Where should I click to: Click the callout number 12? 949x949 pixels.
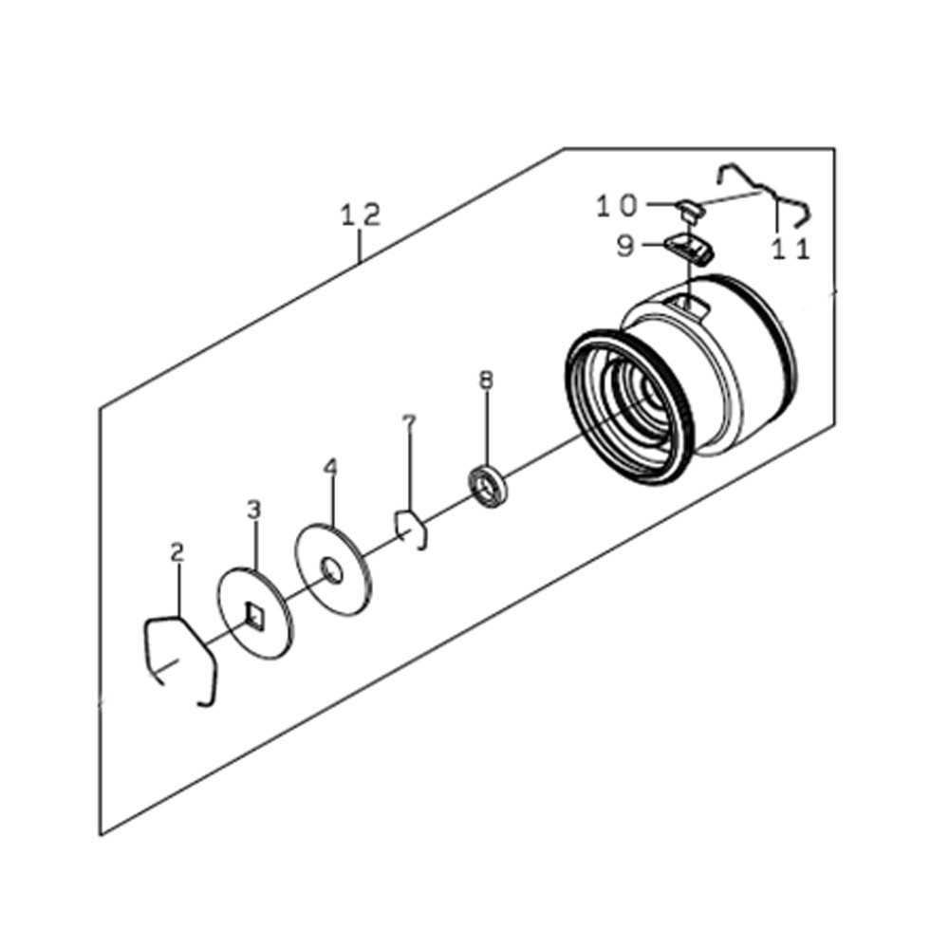[x=362, y=214]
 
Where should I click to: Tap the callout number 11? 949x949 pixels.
[x=791, y=249]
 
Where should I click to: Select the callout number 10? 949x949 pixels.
[x=618, y=206]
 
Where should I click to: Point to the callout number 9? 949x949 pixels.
[x=625, y=247]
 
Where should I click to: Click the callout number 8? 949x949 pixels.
[x=486, y=381]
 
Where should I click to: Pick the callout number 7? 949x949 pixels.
[x=410, y=422]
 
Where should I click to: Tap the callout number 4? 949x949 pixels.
[x=330, y=467]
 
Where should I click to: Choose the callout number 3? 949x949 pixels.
[x=254, y=510]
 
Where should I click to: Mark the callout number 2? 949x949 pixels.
[x=177, y=552]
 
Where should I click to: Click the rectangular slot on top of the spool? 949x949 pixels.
[x=690, y=304]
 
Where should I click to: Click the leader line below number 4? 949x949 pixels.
[x=331, y=502]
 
